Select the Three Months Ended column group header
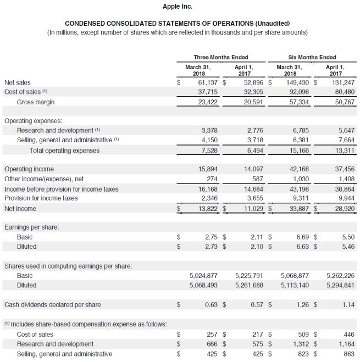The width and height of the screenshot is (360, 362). pos(220,57)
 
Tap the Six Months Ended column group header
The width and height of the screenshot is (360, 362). pos(312,57)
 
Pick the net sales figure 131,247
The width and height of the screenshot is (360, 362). pos(341,82)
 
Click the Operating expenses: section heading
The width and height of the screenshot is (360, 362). pos(33,120)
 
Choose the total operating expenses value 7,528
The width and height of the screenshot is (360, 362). pos(209,150)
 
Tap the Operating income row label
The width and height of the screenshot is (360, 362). pos(29,169)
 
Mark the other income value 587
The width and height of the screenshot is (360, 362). pos(258,179)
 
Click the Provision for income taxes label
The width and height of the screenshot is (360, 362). pos(41,198)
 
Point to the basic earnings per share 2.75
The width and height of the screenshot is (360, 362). pos(212,237)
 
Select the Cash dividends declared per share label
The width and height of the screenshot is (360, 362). pos(53,304)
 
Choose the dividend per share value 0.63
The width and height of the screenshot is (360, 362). pos(212,304)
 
